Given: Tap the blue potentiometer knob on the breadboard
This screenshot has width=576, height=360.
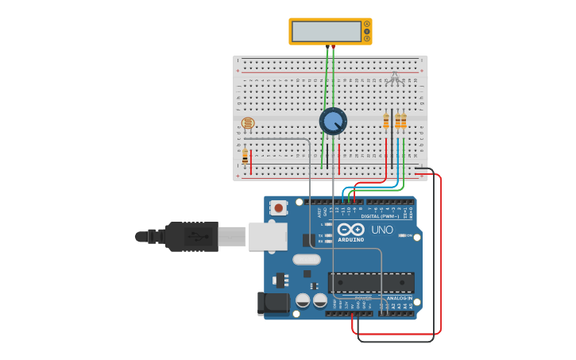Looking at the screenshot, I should click(333, 122).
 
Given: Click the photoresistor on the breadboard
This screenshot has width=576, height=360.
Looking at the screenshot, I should click(248, 123).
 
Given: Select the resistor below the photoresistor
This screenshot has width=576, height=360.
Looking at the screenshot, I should click(245, 157).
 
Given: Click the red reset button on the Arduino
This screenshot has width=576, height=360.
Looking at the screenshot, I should click(278, 207).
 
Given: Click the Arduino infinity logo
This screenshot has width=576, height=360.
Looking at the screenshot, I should click(350, 230).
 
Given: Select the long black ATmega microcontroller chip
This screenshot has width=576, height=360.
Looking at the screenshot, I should click(370, 282).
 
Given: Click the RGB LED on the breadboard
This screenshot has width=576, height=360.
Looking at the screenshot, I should click(395, 78).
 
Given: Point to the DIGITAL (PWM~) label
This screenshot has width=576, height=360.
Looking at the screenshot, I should click(381, 216).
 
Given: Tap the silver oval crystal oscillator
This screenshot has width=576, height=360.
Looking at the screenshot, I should click(306, 259).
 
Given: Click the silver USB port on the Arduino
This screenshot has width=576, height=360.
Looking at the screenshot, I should click(268, 236).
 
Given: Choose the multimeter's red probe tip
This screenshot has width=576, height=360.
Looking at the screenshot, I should click(333, 49).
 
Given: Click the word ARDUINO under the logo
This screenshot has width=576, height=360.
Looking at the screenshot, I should click(350, 239).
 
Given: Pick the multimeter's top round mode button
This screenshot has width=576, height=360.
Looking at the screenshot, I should click(367, 24).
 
